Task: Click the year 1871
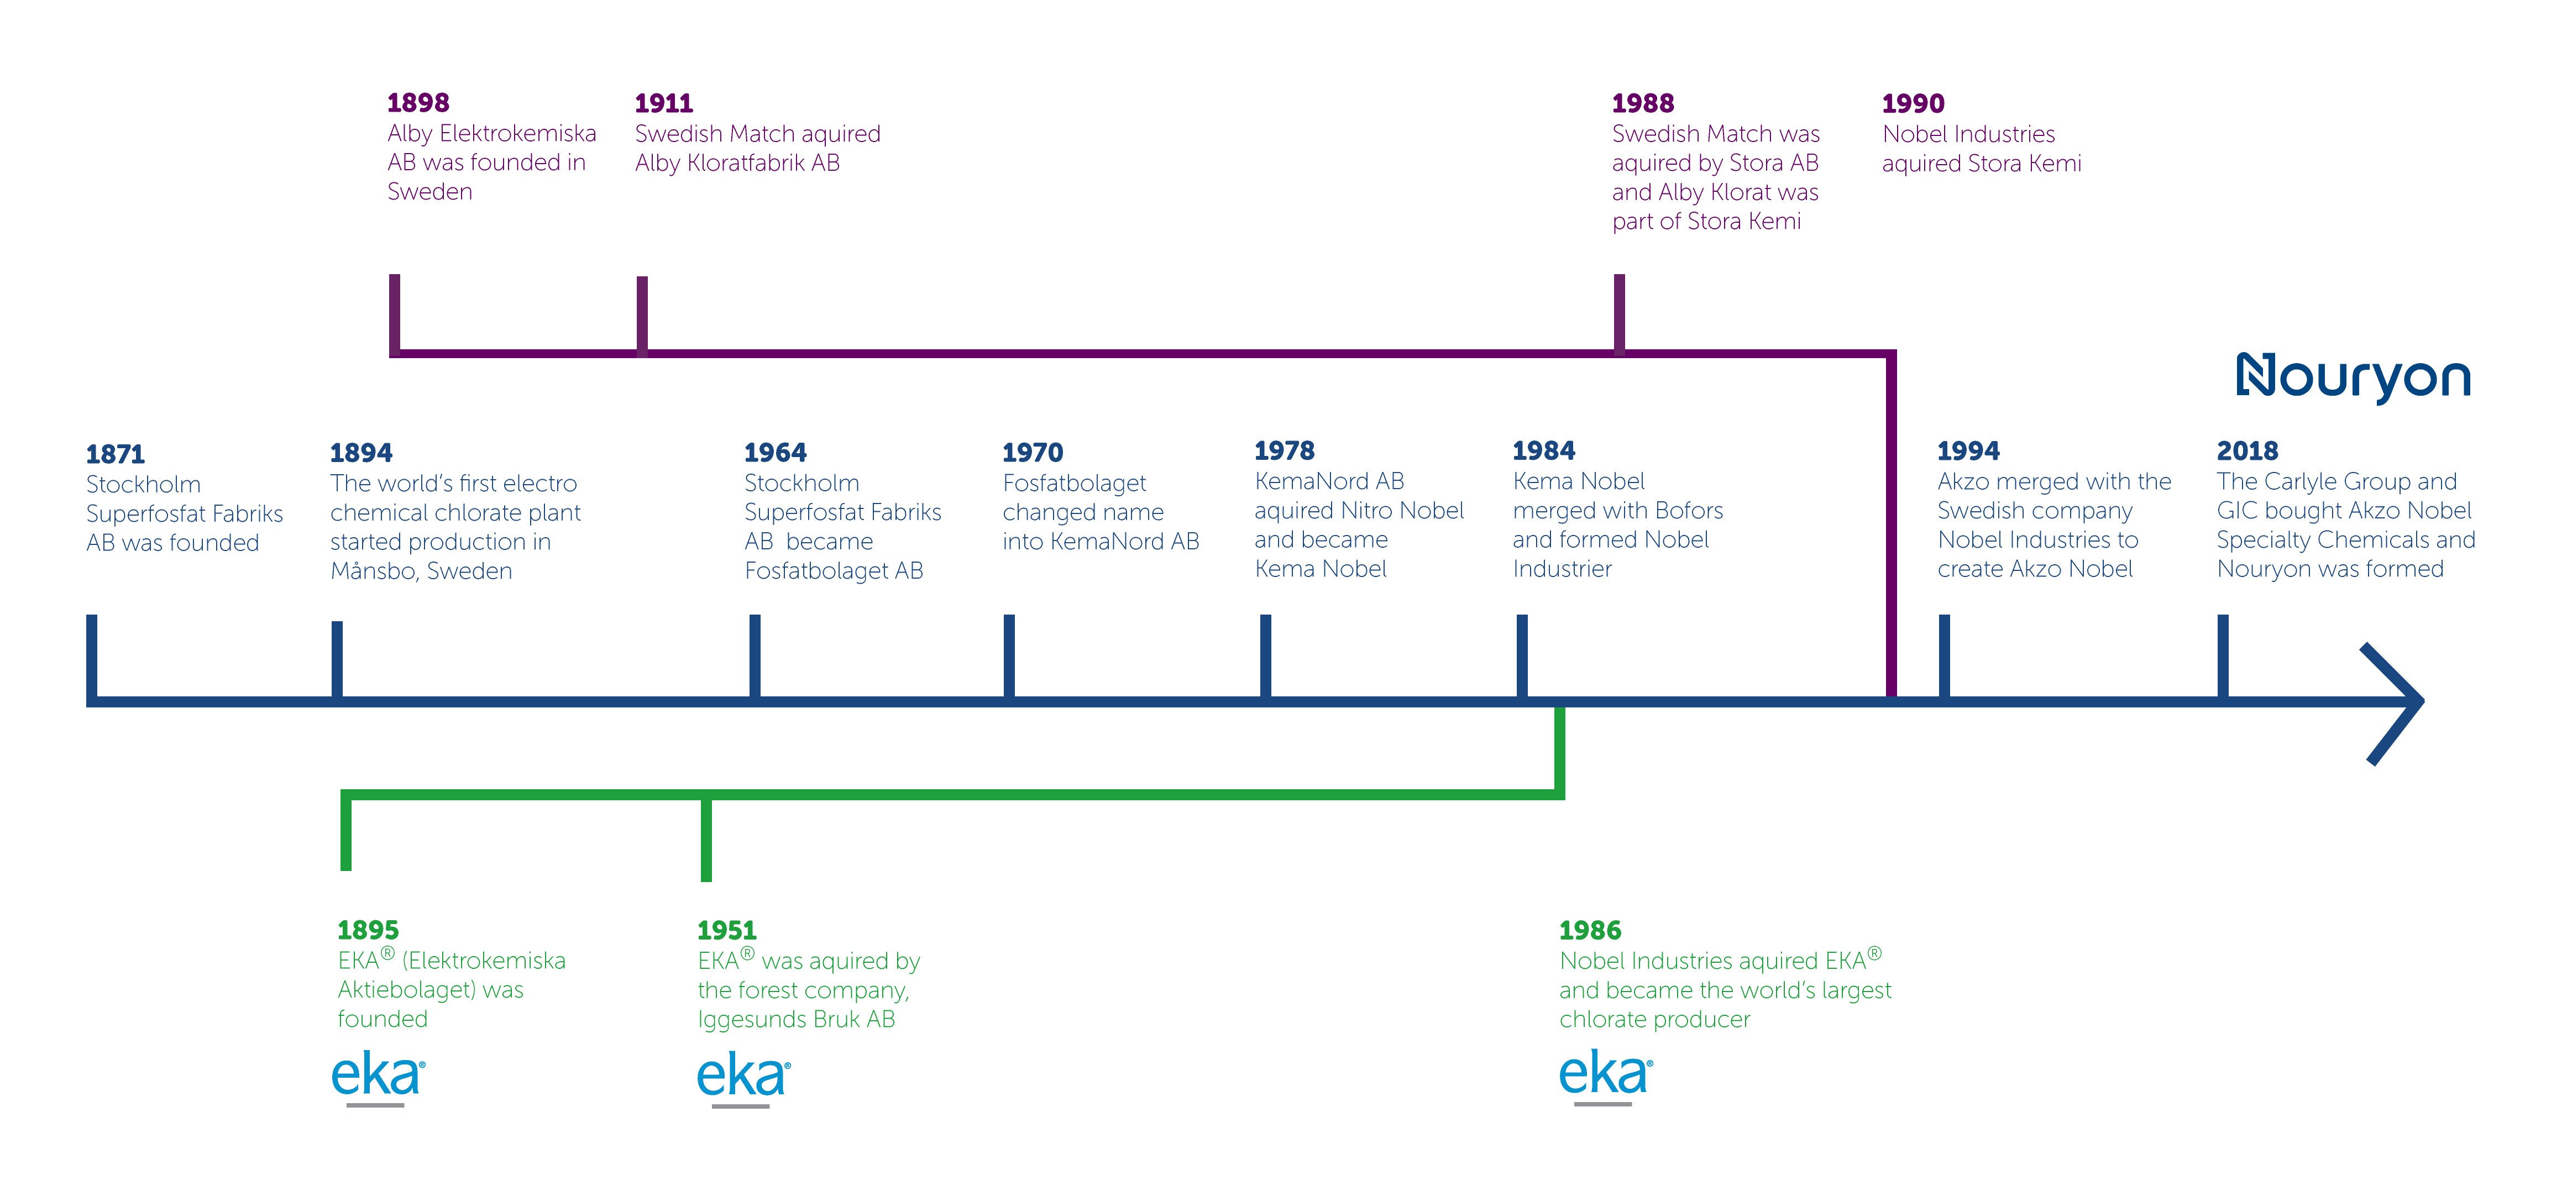coord(116,454)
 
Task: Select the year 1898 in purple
coord(418,103)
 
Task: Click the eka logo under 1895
coord(379,1077)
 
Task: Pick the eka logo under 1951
coord(743,1077)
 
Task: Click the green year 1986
coord(1590,930)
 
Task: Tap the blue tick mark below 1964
coord(755,656)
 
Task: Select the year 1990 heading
coord(1913,104)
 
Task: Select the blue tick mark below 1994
coord(1944,656)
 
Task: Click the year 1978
coord(1285,450)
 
